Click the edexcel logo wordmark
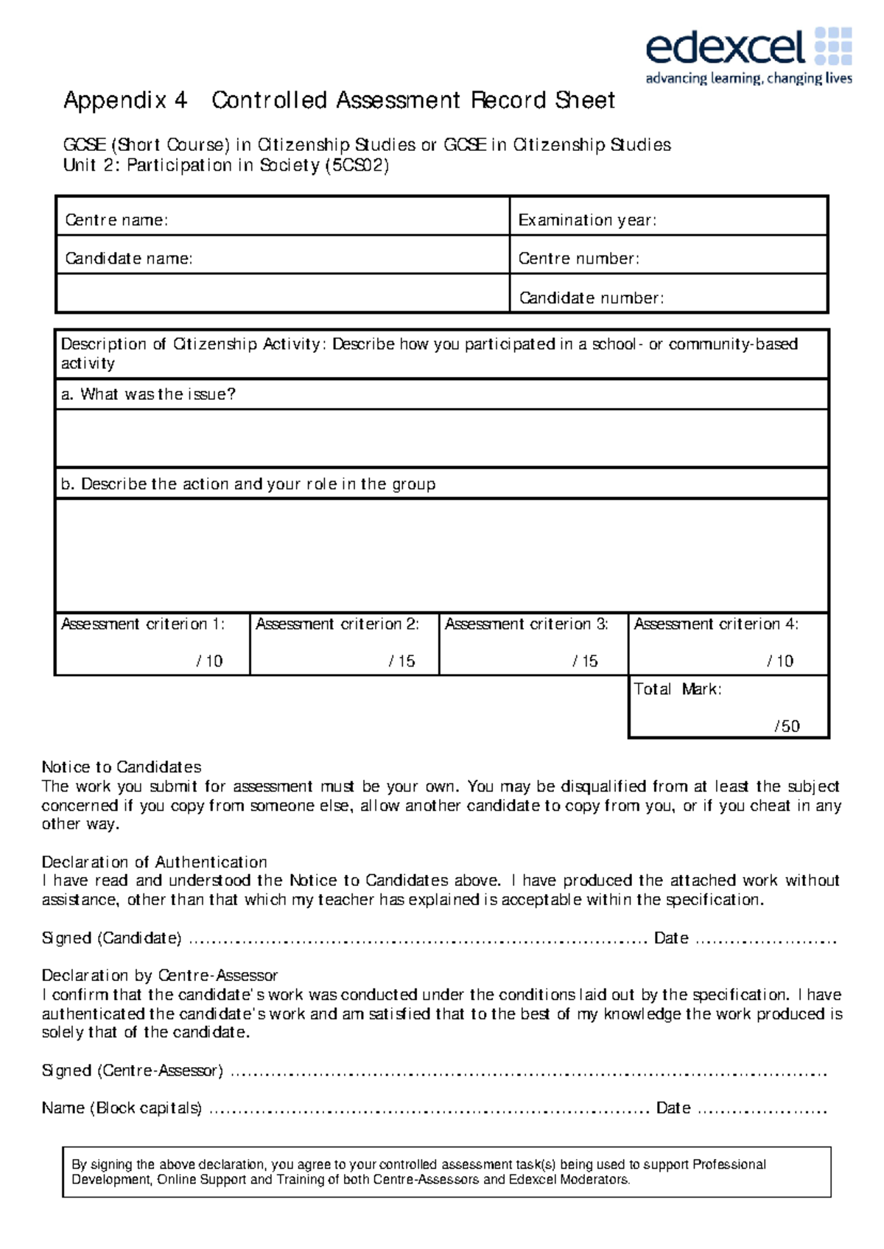pyautogui.click(x=725, y=48)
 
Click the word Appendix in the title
pyautogui.click(x=115, y=100)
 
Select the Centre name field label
pyautogui.click(x=116, y=220)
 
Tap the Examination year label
pyautogui.click(x=587, y=220)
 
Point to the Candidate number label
pyautogui.click(x=592, y=298)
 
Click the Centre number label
pyautogui.click(x=578, y=258)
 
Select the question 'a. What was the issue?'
pyautogui.click(x=148, y=395)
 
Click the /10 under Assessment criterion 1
pyautogui.click(x=209, y=661)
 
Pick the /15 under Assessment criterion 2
pyautogui.click(x=401, y=661)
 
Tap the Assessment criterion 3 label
pyautogui.click(x=526, y=624)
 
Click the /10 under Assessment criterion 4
pyautogui.click(x=780, y=661)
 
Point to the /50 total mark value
pyautogui.click(x=787, y=726)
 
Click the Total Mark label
pyautogui.click(x=678, y=689)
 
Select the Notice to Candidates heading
pyautogui.click(x=122, y=767)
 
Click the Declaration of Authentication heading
pyautogui.click(x=154, y=862)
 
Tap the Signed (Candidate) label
pyautogui.click(x=111, y=938)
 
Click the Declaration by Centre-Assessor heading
pyautogui.click(x=159, y=976)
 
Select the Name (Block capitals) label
pyautogui.click(x=122, y=1108)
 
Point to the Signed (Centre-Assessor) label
pyautogui.click(x=132, y=1071)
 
